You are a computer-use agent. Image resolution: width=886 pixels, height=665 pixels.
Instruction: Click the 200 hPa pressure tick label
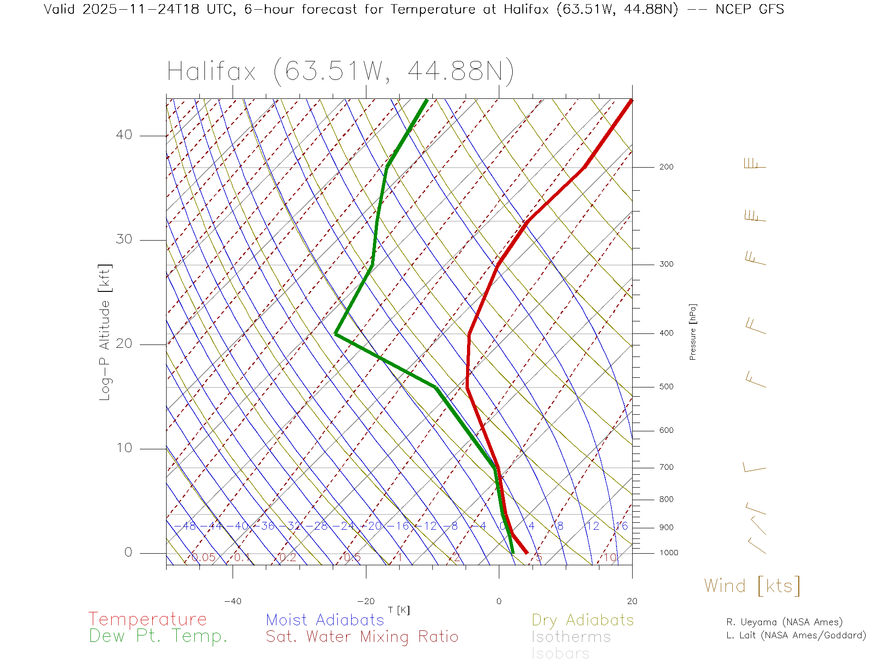[x=666, y=167]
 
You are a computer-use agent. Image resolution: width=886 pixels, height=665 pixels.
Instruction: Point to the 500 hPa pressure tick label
[x=666, y=387]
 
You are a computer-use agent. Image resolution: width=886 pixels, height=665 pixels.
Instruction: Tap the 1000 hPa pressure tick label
[x=669, y=553]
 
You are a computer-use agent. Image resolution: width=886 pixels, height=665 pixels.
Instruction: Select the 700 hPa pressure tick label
[x=666, y=467]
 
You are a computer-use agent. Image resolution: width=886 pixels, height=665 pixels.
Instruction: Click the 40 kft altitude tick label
[x=124, y=135]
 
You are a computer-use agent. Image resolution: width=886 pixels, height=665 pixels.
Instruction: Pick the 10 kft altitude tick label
[x=124, y=448]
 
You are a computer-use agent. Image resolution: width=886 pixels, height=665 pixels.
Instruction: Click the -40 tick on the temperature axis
[x=233, y=601]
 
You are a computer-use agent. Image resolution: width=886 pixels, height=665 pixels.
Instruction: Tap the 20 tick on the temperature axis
[x=632, y=601]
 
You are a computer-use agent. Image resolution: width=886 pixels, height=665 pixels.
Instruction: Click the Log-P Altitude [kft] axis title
[x=105, y=332]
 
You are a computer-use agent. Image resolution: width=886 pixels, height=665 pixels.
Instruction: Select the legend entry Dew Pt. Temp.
[x=158, y=636]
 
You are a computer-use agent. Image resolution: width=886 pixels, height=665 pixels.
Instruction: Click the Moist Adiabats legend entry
[x=325, y=620]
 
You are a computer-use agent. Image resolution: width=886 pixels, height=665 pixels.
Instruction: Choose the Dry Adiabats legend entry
[x=582, y=620]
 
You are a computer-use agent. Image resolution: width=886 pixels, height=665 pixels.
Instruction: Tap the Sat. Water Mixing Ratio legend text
[x=362, y=637]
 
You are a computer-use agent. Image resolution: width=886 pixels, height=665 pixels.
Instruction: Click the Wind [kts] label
[x=752, y=586]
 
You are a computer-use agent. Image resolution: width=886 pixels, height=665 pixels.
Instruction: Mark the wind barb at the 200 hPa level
[x=755, y=164]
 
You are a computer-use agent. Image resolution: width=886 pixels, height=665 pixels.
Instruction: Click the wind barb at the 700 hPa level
[x=754, y=468]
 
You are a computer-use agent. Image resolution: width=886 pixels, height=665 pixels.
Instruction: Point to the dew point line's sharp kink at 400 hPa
[x=336, y=333]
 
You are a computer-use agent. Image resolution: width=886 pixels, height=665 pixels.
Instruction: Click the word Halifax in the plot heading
[x=211, y=72]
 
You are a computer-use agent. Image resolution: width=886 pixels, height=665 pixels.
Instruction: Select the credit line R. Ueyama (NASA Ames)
[x=784, y=622]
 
